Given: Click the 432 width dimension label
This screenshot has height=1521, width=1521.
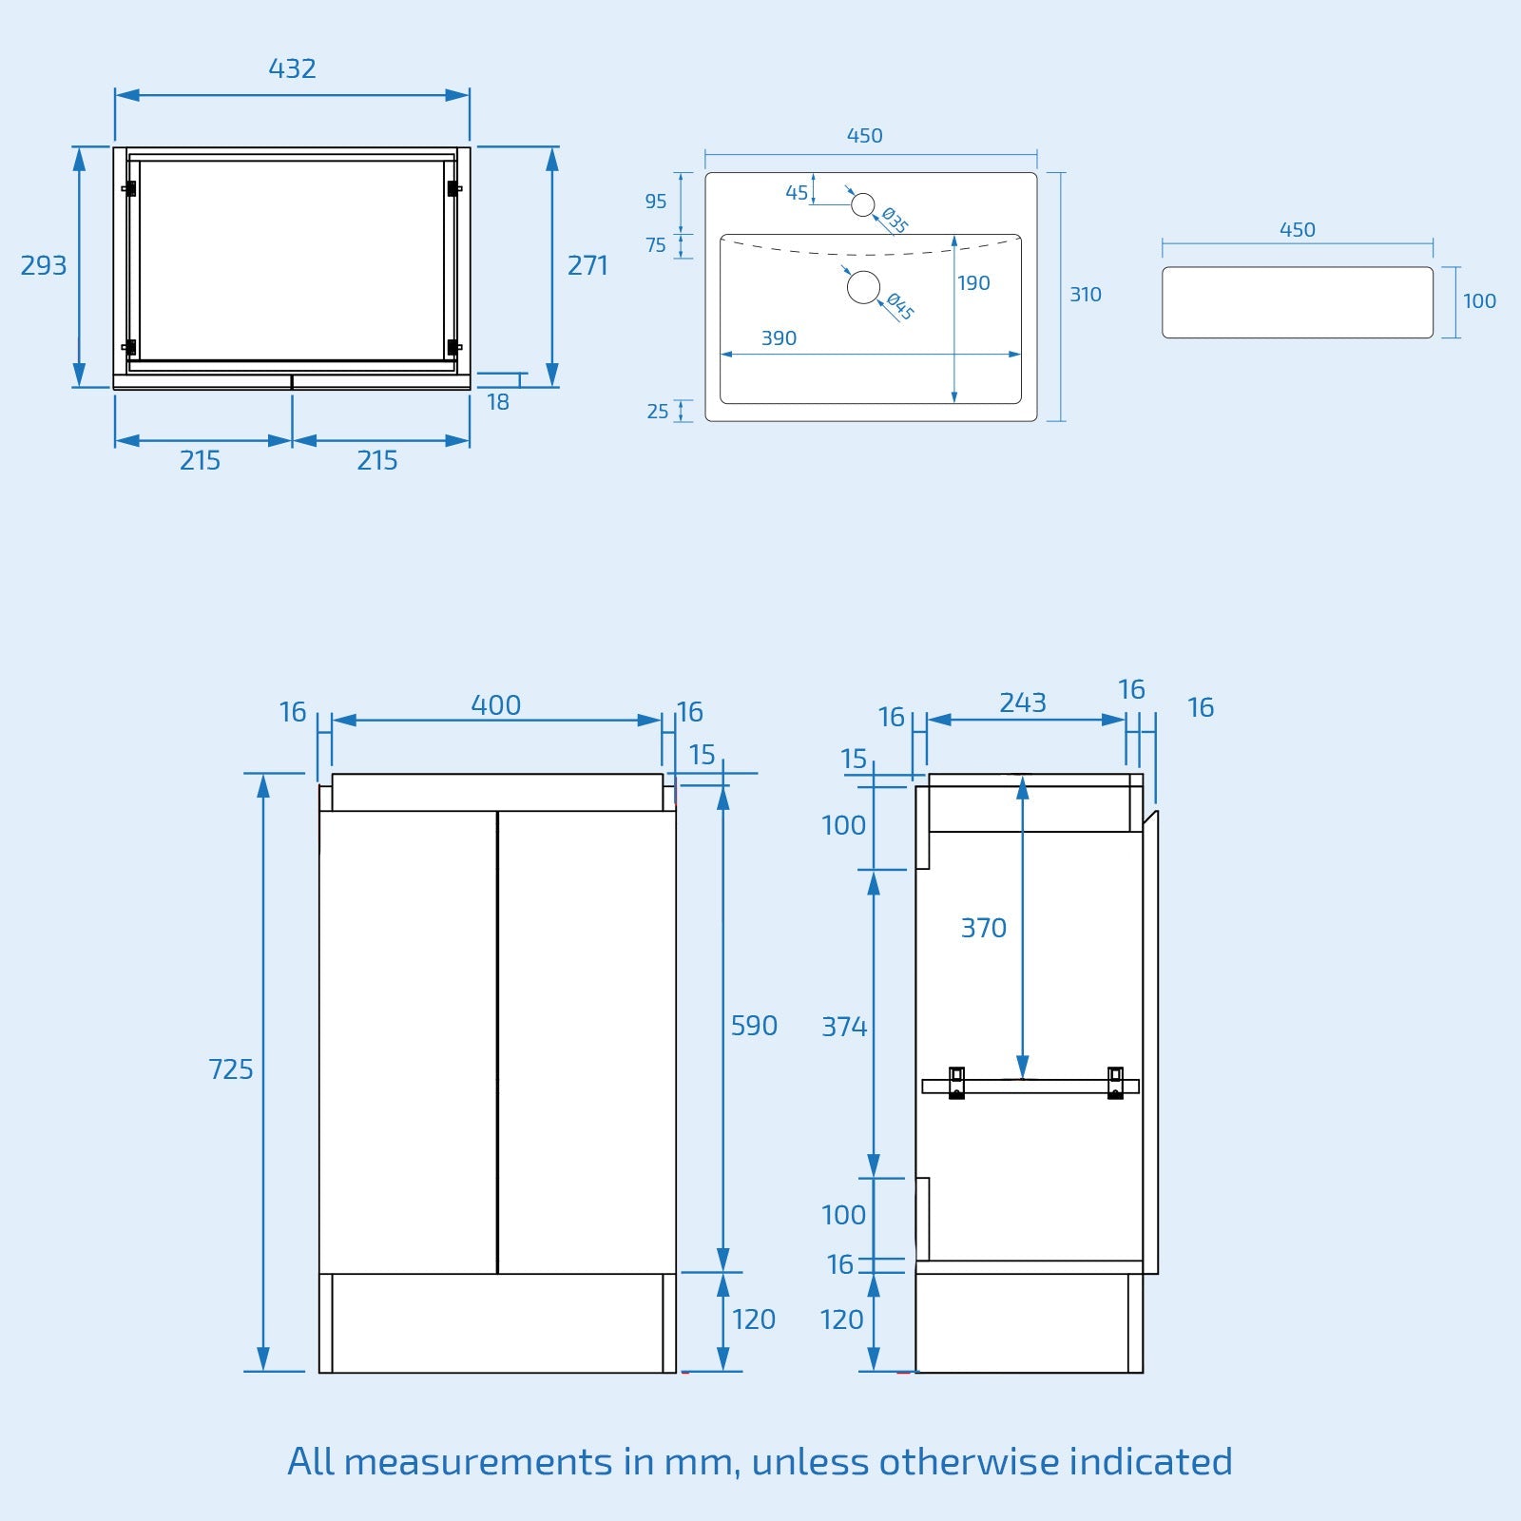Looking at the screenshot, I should click(292, 68).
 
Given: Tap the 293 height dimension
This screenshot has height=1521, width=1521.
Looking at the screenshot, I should click(44, 265).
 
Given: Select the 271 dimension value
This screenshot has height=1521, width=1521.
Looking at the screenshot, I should click(587, 265).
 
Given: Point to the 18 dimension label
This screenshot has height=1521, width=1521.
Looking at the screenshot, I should click(498, 402).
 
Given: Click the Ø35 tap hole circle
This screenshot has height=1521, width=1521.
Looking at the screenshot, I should click(862, 204).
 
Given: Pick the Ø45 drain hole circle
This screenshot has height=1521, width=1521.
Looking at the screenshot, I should click(863, 287).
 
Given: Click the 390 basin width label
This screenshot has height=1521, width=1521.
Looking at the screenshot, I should click(779, 338).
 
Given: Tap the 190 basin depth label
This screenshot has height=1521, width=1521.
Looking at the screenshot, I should click(973, 283).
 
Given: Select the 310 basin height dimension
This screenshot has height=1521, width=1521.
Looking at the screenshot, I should click(1086, 295).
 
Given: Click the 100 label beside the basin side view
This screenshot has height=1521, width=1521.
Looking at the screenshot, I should click(1479, 301).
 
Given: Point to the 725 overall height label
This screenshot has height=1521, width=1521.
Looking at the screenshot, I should click(231, 1069).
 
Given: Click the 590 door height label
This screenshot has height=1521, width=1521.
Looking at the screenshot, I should click(754, 1026).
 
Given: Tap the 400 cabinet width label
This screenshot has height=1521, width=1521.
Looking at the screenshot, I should click(496, 705).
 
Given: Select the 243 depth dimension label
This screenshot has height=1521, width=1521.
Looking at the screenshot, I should click(1023, 703).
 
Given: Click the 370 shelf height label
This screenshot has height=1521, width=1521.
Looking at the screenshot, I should click(984, 928).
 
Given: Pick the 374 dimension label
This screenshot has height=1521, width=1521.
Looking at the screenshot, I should click(844, 1027).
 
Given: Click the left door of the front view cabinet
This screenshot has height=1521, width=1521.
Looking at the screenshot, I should click(408, 1041).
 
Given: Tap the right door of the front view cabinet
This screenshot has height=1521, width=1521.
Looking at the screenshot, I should click(587, 1041).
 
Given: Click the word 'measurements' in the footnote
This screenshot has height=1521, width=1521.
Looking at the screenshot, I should click(478, 1462).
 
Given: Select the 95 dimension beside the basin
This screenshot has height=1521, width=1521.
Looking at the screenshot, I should click(656, 202).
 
